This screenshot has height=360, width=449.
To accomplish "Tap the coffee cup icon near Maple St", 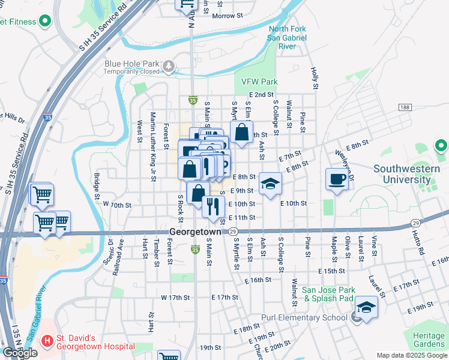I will pos(337,179).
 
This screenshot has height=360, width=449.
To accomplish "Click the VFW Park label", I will pos(259,81).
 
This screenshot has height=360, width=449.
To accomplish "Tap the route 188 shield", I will pos(405,107).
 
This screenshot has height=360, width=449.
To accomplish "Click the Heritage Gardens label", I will pos(426,340).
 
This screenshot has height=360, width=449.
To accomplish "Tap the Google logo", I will pos(20,353).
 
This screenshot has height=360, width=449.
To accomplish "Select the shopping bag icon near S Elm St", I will pos(241,134).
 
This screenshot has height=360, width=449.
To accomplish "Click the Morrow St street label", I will pos(226,16).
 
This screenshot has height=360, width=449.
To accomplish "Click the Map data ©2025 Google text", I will pos(411,355).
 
